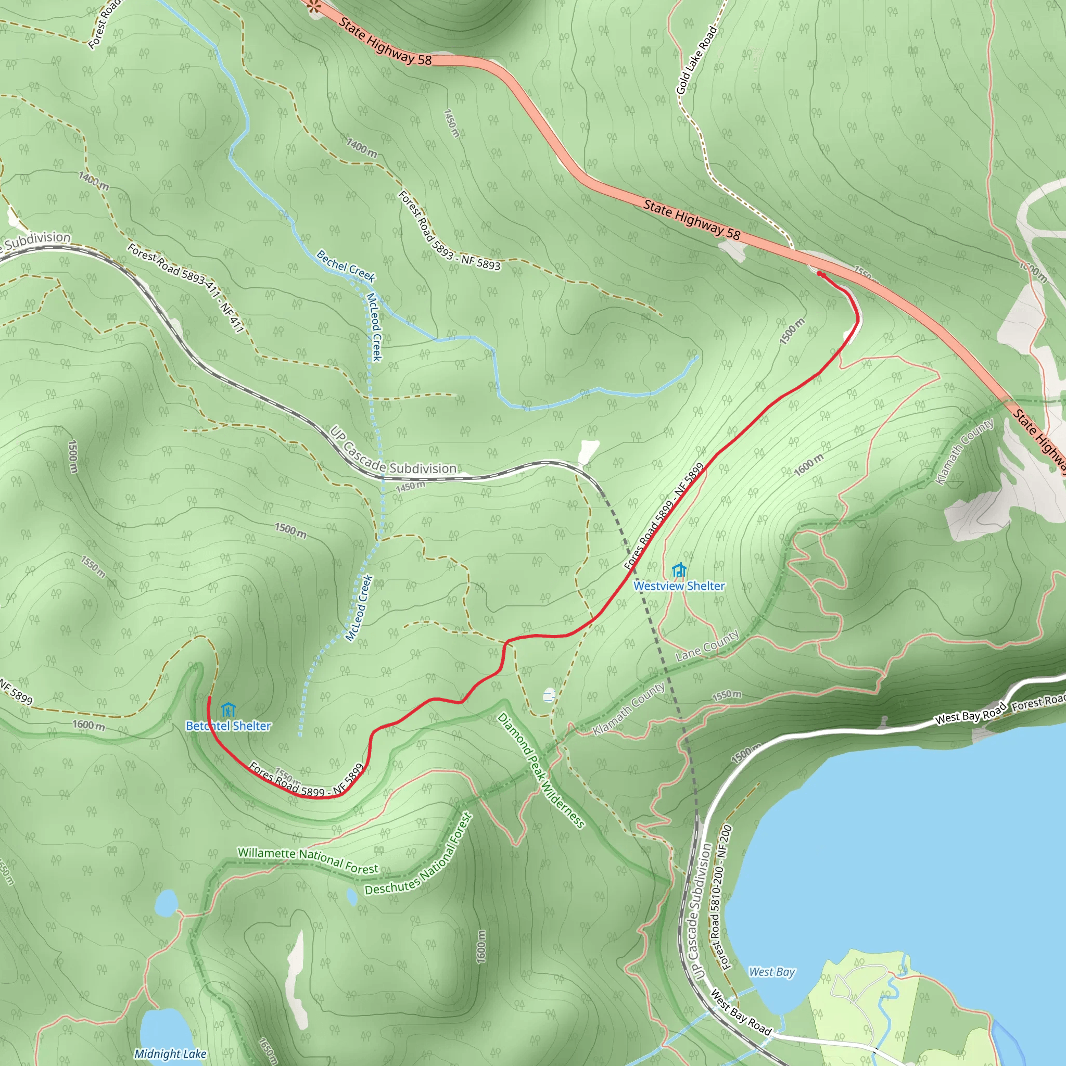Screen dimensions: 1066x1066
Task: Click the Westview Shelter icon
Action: (679, 570)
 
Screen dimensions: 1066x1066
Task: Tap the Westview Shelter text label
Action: (679, 586)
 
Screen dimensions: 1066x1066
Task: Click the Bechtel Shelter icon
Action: (228, 709)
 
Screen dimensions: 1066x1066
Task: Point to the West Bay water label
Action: (771, 972)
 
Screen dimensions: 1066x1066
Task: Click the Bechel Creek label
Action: (346, 265)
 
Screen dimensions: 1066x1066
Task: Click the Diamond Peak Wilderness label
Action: (540, 770)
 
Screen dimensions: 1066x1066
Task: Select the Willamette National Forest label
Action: (308, 860)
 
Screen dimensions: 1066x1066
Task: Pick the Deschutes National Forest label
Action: (420, 854)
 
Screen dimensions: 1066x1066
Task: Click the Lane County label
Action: (707, 646)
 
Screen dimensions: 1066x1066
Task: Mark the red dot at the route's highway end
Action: (820, 274)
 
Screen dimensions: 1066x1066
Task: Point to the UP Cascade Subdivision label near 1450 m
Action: (393, 458)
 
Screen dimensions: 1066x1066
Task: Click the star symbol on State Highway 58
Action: (314, 7)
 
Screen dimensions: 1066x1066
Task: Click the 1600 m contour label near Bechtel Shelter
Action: (89, 725)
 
